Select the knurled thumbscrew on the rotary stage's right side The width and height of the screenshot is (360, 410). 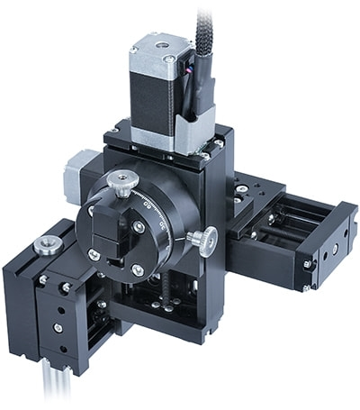(x=203, y=240)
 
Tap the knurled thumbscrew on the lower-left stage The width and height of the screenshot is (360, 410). (x=46, y=245)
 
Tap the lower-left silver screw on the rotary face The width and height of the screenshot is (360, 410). (x=94, y=255)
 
